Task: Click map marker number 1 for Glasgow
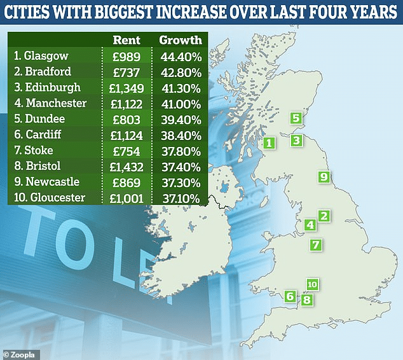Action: (x=270, y=143)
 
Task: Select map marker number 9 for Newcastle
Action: (x=324, y=176)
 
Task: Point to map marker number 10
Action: (x=311, y=284)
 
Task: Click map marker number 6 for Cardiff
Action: (x=290, y=296)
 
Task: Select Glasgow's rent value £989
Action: (x=126, y=55)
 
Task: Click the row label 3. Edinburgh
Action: (x=47, y=87)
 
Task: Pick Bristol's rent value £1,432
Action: (x=126, y=167)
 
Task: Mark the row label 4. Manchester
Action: (x=50, y=103)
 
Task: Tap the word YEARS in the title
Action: (x=368, y=12)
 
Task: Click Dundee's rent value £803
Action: (x=126, y=119)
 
